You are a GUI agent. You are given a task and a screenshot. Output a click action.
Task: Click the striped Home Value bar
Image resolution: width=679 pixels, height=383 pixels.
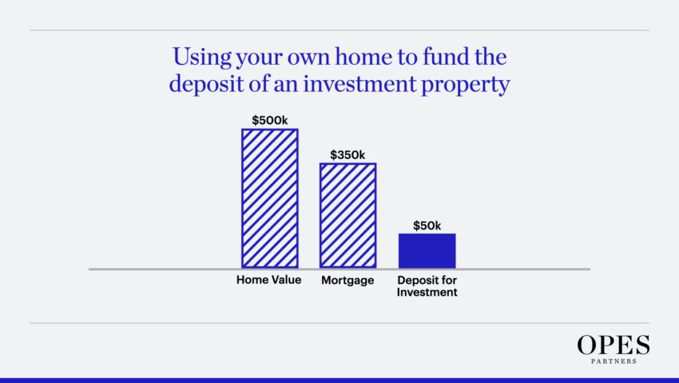tap(270, 198)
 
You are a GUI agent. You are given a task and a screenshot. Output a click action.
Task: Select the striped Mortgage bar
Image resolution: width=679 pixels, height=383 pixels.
tap(347, 215)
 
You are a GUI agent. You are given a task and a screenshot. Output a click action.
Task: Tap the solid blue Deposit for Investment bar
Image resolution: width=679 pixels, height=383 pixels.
tap(427, 251)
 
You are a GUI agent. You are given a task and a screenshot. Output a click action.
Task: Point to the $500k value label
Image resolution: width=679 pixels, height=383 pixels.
tap(270, 120)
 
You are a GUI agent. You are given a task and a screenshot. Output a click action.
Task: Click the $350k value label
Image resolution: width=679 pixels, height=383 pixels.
tap(347, 154)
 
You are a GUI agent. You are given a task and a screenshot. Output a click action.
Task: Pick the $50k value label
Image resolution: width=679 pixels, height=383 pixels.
tap(427, 225)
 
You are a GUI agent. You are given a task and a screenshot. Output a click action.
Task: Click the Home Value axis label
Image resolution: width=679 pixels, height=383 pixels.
tap(269, 280)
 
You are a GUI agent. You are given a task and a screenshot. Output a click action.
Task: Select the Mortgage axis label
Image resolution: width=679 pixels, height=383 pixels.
tap(347, 281)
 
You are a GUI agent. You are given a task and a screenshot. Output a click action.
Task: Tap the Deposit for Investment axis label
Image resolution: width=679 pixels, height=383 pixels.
tap(427, 286)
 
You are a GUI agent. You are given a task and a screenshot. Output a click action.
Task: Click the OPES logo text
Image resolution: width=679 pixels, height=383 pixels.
tap(613, 345)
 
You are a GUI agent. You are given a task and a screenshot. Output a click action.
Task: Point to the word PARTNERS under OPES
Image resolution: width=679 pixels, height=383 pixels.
tap(613, 361)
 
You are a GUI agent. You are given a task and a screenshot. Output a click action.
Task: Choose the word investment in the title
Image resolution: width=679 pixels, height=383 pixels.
tap(359, 83)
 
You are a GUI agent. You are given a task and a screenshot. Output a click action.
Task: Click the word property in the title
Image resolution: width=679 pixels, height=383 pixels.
tap(466, 85)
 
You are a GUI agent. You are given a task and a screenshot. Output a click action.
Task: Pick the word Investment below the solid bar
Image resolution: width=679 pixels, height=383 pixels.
tap(427, 292)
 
